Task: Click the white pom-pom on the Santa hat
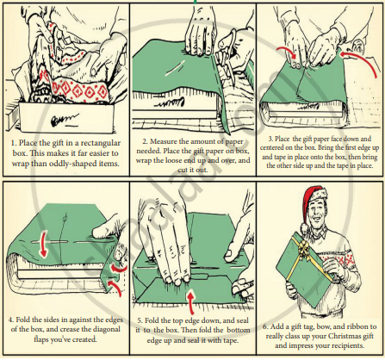pos(304,227)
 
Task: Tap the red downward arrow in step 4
pos(43,245)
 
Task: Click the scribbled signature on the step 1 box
pos(65,120)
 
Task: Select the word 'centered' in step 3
pos(274,148)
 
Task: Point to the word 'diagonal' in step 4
pos(104,330)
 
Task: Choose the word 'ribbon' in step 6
pos(357,326)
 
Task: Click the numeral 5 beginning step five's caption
pos(139,321)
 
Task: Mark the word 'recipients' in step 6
pos(350,346)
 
